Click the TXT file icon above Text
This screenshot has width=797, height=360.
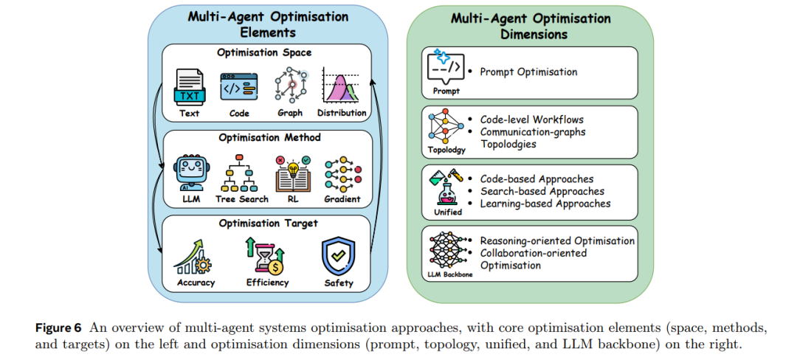tap(189, 87)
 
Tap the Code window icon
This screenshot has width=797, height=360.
tap(239, 87)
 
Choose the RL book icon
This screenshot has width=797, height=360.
tap(291, 173)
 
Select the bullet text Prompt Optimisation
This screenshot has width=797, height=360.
tap(528, 72)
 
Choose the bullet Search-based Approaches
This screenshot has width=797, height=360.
tap(542, 191)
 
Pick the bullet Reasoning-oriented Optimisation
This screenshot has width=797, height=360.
tap(557, 240)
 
